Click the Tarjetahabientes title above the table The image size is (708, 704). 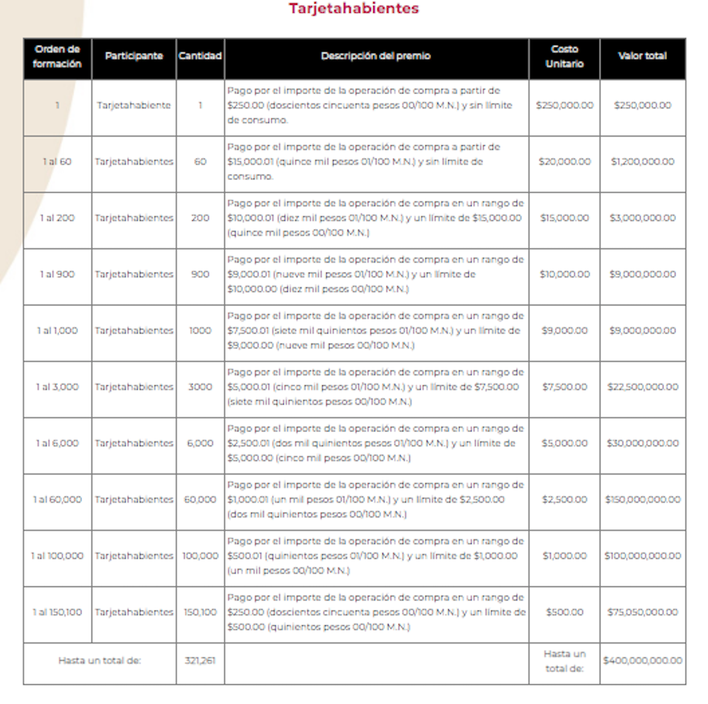coord(353,8)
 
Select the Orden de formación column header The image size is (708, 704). coord(57,56)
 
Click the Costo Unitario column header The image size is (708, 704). coord(564,56)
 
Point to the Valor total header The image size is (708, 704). coord(642,56)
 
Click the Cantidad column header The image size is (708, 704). coord(200,56)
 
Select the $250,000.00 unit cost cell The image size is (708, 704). coord(564,106)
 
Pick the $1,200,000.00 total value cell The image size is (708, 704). coord(642,161)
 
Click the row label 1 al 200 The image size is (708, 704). coord(57,218)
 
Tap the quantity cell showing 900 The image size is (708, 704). coord(200,274)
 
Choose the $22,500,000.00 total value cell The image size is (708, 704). coord(642,387)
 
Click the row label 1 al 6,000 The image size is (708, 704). coord(57,443)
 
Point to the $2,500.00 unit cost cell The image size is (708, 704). coord(564,499)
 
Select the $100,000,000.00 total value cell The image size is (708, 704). coord(642,556)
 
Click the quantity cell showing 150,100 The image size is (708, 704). coord(200,612)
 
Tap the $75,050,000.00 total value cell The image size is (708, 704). coord(642,612)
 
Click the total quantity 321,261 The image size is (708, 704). coord(200,661)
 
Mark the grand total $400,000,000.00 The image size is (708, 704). coord(642,661)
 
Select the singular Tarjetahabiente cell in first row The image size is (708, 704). coord(134,106)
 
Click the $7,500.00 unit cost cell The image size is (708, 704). coord(564,387)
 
